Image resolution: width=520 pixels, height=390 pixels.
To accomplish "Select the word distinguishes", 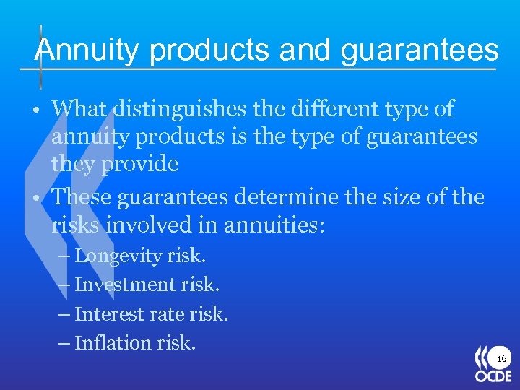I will click(183, 110).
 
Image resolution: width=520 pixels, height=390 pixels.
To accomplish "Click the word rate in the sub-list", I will click(165, 315).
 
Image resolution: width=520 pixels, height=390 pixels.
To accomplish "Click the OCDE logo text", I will click(493, 376).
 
